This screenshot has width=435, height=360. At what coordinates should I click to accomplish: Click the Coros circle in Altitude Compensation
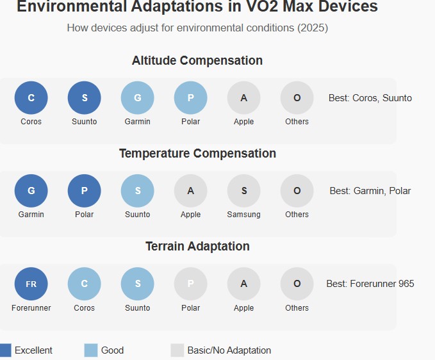(31, 98)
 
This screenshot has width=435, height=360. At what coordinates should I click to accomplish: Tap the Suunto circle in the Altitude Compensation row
(84, 98)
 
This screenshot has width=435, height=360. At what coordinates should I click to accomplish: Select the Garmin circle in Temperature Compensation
(31, 191)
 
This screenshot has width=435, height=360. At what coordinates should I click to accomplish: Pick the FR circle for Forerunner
(31, 284)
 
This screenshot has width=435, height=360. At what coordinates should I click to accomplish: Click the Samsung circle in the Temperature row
(243, 191)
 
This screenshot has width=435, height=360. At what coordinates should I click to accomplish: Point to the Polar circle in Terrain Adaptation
(190, 284)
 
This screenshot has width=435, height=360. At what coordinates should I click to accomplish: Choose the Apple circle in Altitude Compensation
(243, 98)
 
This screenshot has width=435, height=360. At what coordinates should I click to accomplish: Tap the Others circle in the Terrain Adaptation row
(297, 284)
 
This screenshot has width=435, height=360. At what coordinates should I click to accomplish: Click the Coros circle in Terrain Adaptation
(84, 284)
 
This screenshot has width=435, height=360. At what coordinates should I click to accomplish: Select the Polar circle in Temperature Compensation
(84, 191)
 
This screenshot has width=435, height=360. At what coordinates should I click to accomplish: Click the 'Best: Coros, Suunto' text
(370, 98)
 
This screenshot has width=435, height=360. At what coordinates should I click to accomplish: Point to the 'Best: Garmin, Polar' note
(370, 191)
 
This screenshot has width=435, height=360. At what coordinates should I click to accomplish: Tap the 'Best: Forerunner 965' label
(370, 284)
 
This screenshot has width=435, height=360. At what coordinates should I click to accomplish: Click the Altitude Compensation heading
(197, 61)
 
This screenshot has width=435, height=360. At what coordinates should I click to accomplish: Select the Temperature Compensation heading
(197, 154)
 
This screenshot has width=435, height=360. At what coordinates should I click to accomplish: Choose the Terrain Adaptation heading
(197, 247)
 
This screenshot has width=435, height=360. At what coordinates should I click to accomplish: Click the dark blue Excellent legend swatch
(5, 350)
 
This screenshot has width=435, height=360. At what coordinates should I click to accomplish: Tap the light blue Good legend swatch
(90, 350)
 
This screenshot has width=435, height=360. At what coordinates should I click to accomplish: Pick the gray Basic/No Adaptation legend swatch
(177, 350)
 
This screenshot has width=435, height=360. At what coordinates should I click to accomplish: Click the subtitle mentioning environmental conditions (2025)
(197, 28)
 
